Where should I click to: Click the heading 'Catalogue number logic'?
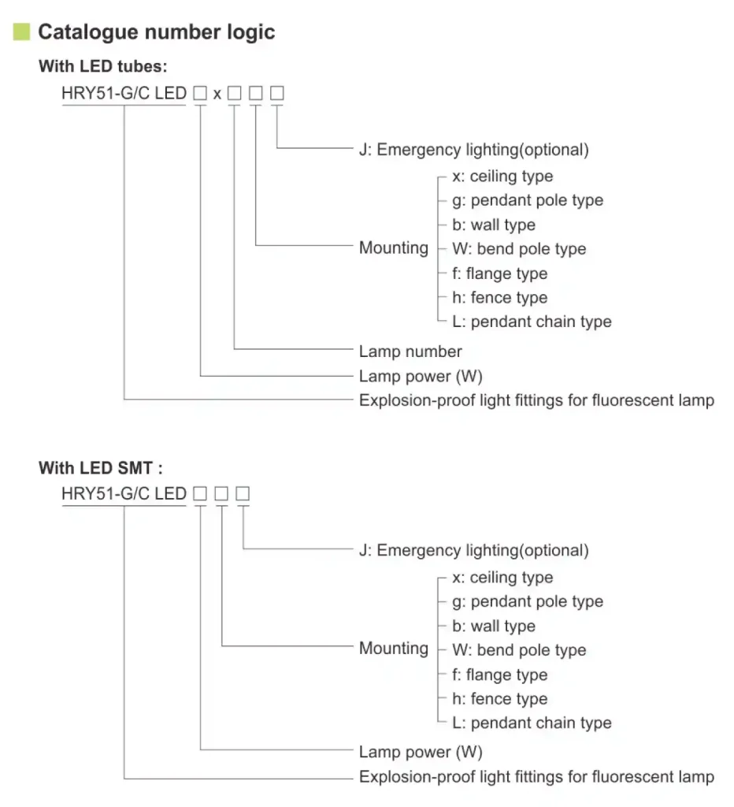(x=157, y=32)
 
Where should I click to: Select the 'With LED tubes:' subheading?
(x=102, y=67)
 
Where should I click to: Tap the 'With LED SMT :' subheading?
(x=101, y=468)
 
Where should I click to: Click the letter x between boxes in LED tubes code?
(x=217, y=94)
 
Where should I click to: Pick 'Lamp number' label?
(x=410, y=351)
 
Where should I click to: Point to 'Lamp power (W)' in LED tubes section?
(x=421, y=376)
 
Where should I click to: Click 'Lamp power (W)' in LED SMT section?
(x=421, y=752)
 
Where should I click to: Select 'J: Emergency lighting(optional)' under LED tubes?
(x=473, y=149)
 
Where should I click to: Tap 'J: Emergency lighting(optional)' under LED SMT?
(x=473, y=550)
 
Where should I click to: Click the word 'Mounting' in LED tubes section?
(x=394, y=248)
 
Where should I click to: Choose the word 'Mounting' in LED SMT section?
(x=394, y=649)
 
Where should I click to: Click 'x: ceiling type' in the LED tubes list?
(x=502, y=177)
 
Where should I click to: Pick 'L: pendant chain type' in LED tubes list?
(x=532, y=322)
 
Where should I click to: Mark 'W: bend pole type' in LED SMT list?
(x=519, y=650)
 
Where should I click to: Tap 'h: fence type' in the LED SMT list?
(x=499, y=699)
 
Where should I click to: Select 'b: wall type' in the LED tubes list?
(x=494, y=225)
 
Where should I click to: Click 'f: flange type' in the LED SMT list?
(x=499, y=675)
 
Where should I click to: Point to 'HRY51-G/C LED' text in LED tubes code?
(x=124, y=94)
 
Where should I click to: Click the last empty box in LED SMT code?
(x=243, y=494)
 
